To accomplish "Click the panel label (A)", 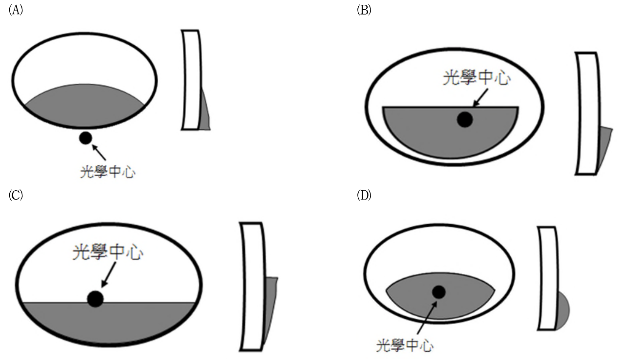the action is [x=16, y=10].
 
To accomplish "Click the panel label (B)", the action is [x=364, y=10].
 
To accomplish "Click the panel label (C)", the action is [x=16, y=195].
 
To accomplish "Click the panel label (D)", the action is [x=364, y=195].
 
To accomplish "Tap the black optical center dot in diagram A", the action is [x=86, y=138].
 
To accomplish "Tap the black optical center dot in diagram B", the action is [x=465, y=120].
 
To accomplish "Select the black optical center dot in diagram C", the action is [x=95, y=299].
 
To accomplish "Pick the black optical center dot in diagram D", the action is [x=439, y=292].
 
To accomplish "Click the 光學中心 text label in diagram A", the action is [x=108, y=171].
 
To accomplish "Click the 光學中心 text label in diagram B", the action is [x=477, y=77].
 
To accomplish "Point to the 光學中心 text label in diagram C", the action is [x=108, y=252].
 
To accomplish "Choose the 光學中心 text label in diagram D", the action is [x=405, y=345].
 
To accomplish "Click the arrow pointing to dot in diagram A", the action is [x=99, y=152].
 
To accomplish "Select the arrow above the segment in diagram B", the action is [x=480, y=98].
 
